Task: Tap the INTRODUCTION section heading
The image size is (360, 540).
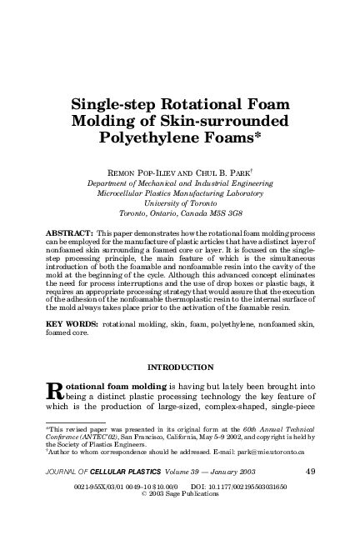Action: tap(180, 367)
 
